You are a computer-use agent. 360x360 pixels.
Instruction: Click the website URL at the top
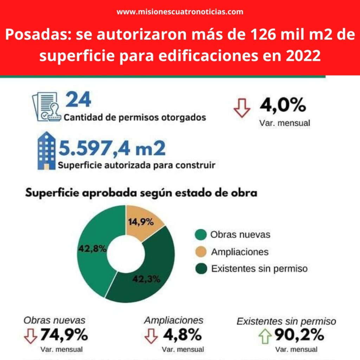[180, 12]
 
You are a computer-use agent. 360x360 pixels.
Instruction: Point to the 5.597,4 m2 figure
[111, 149]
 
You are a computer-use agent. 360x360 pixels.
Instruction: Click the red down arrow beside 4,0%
[242, 108]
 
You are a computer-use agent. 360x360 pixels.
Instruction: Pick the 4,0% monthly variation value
[283, 105]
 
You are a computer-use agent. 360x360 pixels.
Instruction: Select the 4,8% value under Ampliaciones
[182, 335]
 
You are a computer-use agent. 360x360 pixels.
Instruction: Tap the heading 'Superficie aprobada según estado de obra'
[141, 193]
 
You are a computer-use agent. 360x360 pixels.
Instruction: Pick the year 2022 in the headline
[303, 56]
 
